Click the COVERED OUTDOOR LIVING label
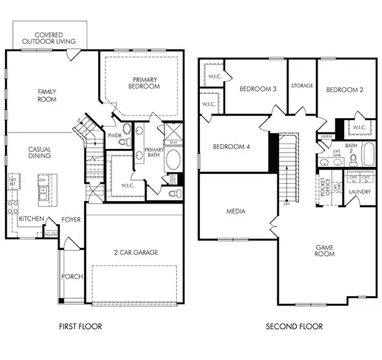[x=49, y=38]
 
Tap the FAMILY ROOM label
[x=47, y=95]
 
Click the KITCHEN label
[x=31, y=219]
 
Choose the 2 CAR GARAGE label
[x=136, y=252]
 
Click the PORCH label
[x=72, y=276]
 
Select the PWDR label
[x=114, y=135]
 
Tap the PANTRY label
[x=51, y=234]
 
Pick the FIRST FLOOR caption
[x=80, y=326]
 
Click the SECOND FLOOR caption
[x=294, y=326]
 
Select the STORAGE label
[x=302, y=85]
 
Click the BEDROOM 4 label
[x=231, y=147]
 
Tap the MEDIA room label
[x=235, y=212]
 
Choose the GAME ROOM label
[x=324, y=251]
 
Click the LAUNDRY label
[x=360, y=192]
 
